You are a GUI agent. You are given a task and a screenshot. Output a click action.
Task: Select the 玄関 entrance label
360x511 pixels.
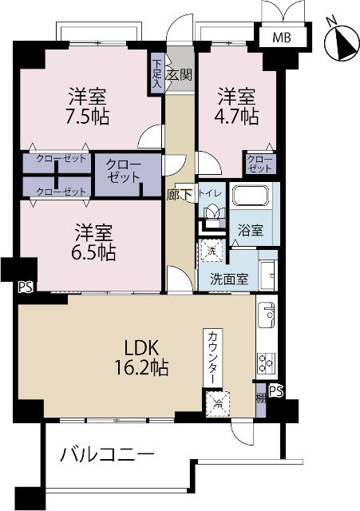click(180, 76)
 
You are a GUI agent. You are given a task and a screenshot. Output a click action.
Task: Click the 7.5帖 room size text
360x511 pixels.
click(88, 116)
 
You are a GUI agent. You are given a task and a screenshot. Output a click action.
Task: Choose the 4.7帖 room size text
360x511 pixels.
click(238, 117)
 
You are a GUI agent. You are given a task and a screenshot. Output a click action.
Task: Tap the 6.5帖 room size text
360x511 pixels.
click(95, 253)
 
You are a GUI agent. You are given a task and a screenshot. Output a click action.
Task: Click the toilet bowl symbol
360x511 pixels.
click(213, 215)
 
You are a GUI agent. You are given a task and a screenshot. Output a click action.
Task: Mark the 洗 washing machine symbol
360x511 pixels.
click(212, 250)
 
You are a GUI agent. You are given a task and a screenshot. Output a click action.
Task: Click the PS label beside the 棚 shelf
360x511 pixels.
click(275, 390)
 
